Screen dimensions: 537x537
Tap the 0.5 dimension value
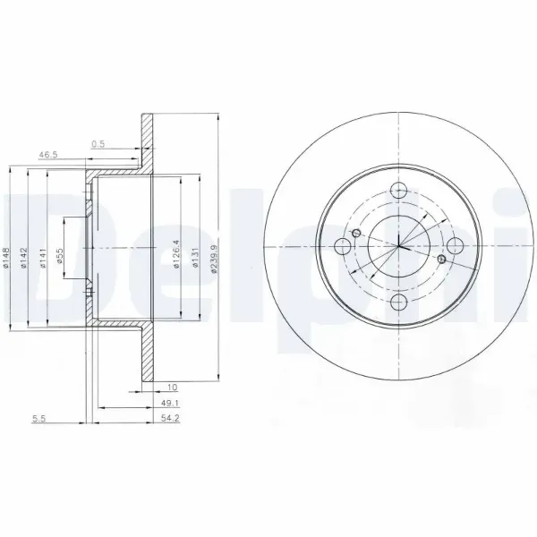98,143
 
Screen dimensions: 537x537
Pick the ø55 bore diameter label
61,257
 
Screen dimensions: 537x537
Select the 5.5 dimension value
38,418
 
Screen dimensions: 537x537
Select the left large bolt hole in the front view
342,247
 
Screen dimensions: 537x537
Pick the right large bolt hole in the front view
455,247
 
